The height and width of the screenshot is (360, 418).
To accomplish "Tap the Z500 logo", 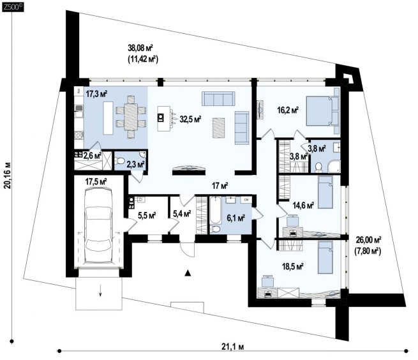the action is (x=12, y=8).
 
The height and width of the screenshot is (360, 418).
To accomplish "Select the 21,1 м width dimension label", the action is (x=232, y=347).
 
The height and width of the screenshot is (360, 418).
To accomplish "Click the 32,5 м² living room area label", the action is (x=190, y=119).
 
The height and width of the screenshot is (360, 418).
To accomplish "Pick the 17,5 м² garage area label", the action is (x=96, y=182).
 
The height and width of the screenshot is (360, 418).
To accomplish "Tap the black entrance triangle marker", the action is (x=188, y=273).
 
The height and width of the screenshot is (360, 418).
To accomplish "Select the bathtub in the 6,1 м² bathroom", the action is (x=215, y=211).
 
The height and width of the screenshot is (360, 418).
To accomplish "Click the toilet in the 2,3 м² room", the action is (x=119, y=161).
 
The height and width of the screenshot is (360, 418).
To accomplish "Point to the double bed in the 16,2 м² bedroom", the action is (x=322, y=111).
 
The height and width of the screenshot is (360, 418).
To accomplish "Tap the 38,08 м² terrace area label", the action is (x=140, y=48).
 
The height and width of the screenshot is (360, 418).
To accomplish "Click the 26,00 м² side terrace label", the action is (x=369, y=239).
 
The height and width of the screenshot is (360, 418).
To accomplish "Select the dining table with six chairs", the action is (x=131, y=117).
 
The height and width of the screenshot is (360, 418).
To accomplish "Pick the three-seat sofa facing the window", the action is (x=218, y=98).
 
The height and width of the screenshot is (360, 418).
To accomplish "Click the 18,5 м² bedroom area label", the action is (x=294, y=266).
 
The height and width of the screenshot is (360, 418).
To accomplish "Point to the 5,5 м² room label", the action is (x=147, y=215).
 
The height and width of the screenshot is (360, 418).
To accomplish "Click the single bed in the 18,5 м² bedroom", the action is (x=325, y=257).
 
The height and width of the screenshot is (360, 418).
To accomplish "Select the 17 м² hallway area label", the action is (x=220, y=186).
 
